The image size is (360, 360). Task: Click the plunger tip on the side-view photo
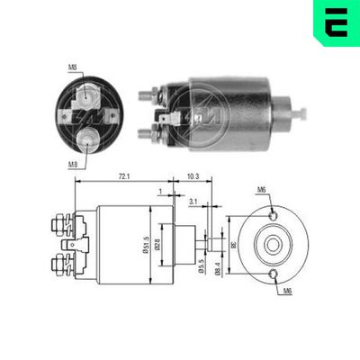pyautogui.click(x=303, y=113)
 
